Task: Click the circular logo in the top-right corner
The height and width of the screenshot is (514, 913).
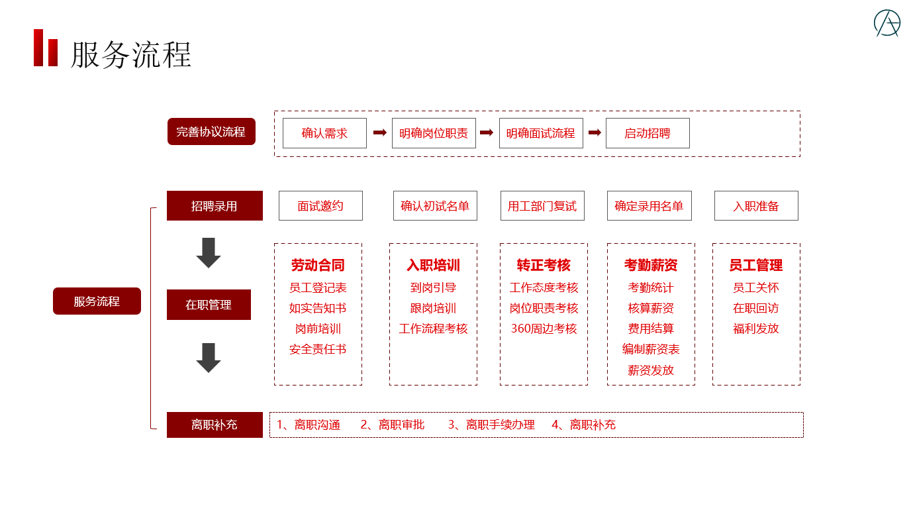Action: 887,23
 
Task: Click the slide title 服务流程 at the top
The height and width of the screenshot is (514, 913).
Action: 131,54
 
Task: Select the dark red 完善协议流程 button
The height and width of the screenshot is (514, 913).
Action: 211,132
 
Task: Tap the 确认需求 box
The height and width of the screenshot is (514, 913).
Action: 324,133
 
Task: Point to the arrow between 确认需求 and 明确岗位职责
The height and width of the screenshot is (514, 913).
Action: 379,132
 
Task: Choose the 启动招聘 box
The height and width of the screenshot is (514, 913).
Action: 648,133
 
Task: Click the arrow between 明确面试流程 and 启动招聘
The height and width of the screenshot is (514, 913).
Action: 595,132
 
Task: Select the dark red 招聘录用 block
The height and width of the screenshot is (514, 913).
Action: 215,206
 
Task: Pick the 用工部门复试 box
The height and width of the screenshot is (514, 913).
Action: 542,206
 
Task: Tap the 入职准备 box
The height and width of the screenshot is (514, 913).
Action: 756,206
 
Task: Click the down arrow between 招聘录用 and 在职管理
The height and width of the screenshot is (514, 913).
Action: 209,253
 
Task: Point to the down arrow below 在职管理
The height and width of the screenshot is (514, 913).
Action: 209,358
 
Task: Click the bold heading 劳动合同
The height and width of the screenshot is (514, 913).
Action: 318,266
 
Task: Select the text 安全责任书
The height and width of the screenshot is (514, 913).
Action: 318,349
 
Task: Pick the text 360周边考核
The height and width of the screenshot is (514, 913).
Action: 544,329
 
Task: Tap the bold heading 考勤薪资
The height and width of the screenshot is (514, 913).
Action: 651,266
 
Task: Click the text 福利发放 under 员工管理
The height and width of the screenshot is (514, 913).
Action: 756,329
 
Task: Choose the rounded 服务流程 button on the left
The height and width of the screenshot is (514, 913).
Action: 97,301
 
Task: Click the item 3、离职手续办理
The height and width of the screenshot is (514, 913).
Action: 491,425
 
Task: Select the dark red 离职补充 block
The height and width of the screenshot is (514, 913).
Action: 215,425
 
